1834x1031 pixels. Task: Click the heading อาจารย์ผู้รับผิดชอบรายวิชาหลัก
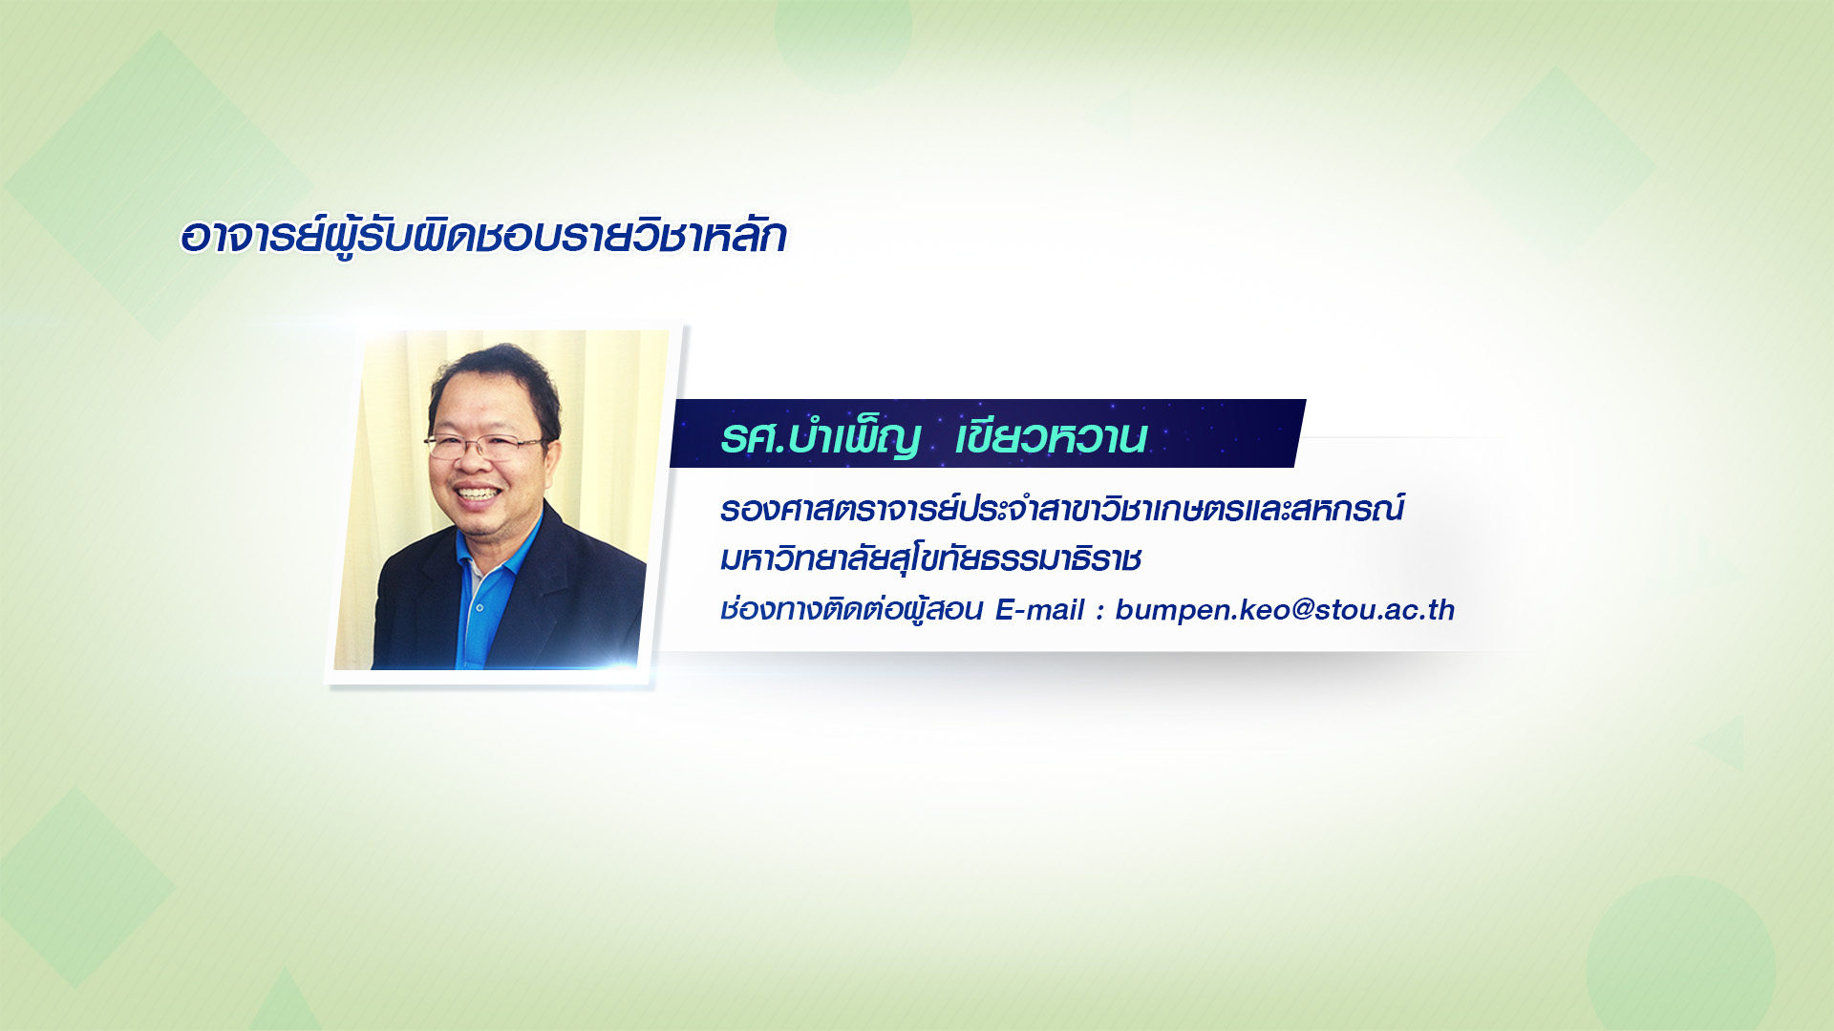483,236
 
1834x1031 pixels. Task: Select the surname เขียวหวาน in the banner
1051,437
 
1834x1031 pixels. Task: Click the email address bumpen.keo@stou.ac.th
1285,610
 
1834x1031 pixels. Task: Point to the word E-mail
1039,610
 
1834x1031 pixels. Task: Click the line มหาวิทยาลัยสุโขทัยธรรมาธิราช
930,558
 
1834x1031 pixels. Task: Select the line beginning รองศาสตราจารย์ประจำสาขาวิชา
1061,508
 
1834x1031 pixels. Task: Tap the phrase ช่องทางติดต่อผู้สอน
851,609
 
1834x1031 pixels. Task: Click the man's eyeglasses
483,445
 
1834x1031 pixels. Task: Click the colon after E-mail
1100,612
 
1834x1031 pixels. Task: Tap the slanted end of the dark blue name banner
1300,433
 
